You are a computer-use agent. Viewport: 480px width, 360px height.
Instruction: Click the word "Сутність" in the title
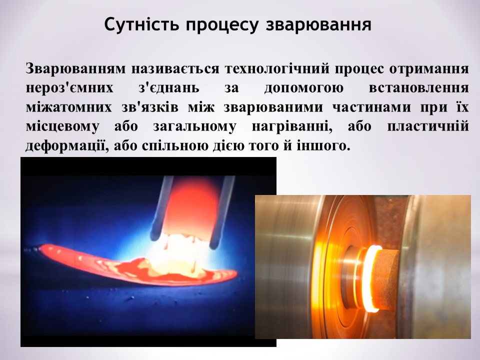tap(141, 24)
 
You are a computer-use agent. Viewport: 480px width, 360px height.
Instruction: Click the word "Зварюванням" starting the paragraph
tap(75, 68)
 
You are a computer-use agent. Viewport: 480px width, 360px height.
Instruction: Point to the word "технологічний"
tap(277, 68)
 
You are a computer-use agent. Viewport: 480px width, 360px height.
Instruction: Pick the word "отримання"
tap(429, 69)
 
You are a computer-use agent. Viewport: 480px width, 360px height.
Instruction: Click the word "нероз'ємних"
tap(69, 88)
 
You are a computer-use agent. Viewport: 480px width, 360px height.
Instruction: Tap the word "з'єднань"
tap(169, 88)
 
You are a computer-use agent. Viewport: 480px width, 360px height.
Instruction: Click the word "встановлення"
tap(419, 88)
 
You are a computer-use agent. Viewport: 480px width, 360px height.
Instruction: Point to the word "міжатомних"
tap(69, 107)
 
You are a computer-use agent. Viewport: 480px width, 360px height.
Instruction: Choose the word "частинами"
tap(371, 107)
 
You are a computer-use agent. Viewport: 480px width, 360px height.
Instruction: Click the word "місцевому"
tap(62, 126)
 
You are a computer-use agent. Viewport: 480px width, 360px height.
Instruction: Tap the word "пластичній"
tap(428, 126)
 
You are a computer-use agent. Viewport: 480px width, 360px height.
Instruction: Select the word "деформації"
tap(66, 145)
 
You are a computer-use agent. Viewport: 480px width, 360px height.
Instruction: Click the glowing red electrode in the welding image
tap(189, 208)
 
